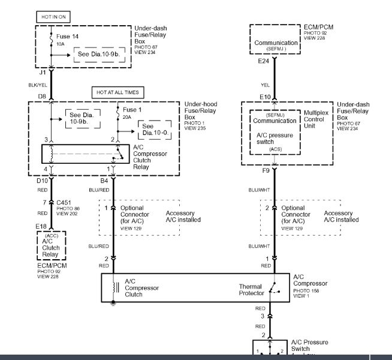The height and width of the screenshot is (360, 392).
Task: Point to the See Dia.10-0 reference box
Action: point(154,130)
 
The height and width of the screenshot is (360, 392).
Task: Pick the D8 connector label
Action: point(42,96)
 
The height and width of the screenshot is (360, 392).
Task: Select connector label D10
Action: point(43,181)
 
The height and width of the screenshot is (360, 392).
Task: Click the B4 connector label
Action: point(104,181)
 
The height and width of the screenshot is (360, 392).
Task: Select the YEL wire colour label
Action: point(265,85)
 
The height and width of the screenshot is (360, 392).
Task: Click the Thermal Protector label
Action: point(251,290)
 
